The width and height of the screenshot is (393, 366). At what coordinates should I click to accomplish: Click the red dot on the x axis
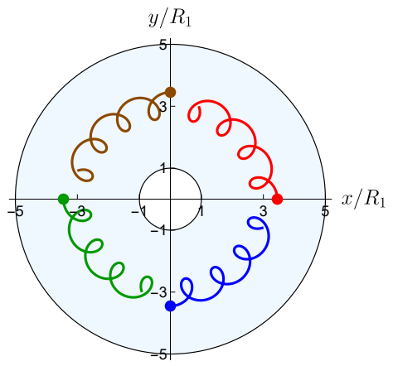click(x=277, y=199)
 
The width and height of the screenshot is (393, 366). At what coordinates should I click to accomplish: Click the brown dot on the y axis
click(x=171, y=92)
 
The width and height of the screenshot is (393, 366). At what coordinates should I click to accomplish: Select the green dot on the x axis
click(x=63, y=199)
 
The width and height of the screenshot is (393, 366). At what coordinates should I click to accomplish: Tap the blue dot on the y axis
click(x=171, y=306)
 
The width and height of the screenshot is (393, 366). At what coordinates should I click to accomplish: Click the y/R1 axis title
click(x=170, y=19)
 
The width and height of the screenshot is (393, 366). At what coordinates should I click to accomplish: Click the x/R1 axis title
click(x=363, y=199)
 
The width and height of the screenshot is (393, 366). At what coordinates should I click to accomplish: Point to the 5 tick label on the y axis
click(x=163, y=45)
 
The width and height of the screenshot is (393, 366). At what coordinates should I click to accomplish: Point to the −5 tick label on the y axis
click(x=159, y=354)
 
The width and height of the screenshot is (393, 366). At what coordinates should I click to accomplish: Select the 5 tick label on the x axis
click(x=326, y=211)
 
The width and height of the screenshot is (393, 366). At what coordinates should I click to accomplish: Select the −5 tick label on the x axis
click(x=15, y=212)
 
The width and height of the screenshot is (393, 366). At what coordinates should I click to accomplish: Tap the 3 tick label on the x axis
click(x=263, y=211)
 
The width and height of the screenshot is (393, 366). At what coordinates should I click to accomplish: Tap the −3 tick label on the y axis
click(x=159, y=292)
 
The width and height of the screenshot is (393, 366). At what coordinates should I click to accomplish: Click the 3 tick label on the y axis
click(x=163, y=107)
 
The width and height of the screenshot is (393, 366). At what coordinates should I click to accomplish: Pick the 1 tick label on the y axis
click(x=163, y=168)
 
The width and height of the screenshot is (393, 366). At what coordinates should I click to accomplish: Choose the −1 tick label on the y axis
click(x=159, y=230)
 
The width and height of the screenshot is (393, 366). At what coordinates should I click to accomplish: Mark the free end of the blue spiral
click(x=262, y=228)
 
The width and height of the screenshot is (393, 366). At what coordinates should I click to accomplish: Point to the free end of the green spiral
click(x=142, y=291)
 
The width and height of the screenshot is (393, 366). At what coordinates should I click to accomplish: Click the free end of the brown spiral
click(x=79, y=171)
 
